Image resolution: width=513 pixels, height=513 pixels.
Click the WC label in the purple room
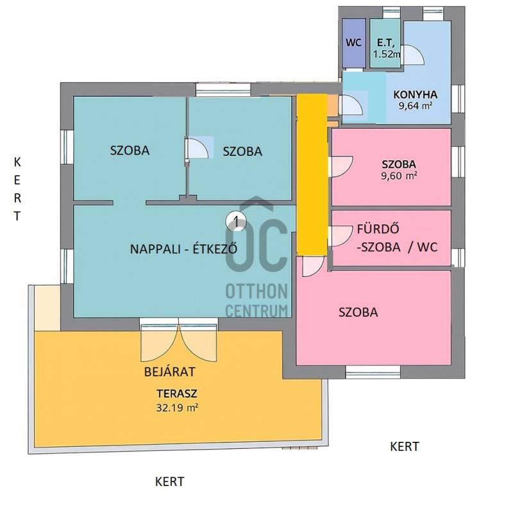click(353, 43)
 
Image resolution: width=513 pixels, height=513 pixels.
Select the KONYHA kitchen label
click(415, 95)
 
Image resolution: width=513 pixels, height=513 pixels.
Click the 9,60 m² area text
click(399, 176)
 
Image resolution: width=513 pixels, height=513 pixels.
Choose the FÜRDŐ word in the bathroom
click(378, 229)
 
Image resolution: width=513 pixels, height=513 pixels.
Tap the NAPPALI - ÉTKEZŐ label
click(183, 249)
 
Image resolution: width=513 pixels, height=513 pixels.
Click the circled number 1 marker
click(236, 222)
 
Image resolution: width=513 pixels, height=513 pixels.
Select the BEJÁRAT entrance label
click(170, 372)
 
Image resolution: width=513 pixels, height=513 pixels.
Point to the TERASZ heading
click(177, 394)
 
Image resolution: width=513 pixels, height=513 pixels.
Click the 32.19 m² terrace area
click(177, 408)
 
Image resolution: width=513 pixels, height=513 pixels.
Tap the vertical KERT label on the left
click(17, 189)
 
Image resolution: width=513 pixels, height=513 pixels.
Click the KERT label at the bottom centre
click(169, 482)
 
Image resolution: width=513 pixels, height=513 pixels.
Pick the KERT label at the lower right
click(405, 446)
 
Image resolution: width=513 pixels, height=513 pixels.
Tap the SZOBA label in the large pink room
click(358, 312)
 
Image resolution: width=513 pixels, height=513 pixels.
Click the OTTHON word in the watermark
click(256, 292)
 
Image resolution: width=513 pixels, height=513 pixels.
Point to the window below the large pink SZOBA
click(373, 372)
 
